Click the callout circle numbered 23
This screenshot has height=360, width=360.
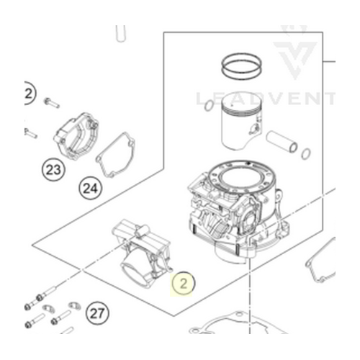pyautogui.click(x=53, y=170)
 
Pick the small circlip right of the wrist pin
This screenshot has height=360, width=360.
pyautogui.click(x=306, y=153)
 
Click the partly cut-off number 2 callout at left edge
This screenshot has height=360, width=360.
pyautogui.click(x=29, y=94)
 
